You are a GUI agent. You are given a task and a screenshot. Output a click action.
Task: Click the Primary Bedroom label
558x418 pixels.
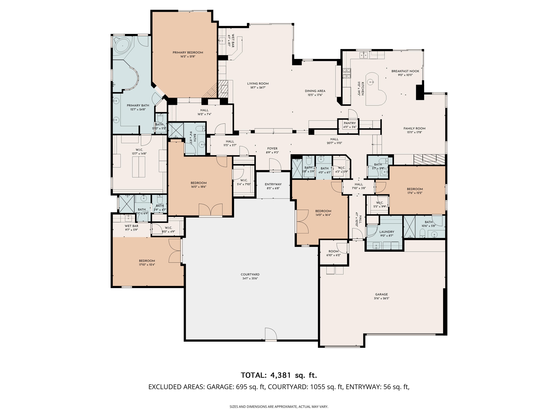188,53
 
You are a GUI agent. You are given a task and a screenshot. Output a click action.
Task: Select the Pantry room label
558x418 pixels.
350,123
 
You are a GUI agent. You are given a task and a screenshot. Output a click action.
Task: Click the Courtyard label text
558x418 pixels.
250,274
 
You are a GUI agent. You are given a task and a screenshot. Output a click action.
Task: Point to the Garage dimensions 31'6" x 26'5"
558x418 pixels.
381,298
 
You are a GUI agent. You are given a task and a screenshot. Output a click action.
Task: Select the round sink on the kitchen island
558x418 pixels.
370,82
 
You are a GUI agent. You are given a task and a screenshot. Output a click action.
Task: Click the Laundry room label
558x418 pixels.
387,232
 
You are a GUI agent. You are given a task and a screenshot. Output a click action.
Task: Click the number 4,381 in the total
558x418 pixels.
280,375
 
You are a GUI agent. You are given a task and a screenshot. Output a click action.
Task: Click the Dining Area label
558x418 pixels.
315,91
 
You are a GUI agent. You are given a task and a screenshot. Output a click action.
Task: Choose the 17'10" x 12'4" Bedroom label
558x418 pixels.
147,261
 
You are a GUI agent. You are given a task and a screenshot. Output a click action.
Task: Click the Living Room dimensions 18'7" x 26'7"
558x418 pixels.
258,88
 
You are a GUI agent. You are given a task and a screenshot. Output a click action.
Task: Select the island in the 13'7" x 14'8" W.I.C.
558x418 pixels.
139,166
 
